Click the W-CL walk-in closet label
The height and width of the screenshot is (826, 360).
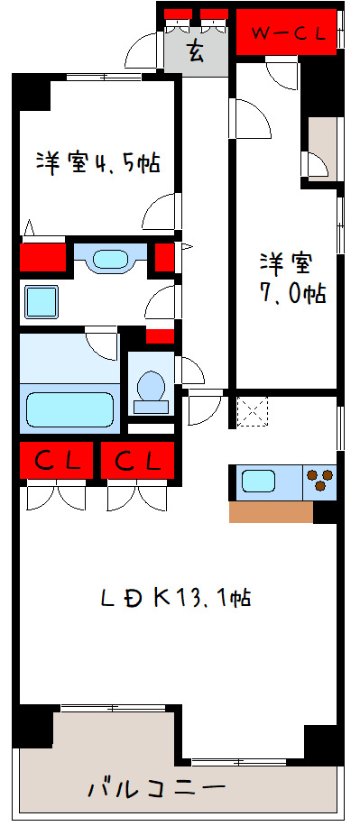click(287, 33)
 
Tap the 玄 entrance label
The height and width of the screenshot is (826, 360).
click(196, 51)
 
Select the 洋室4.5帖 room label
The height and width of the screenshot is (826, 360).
click(98, 163)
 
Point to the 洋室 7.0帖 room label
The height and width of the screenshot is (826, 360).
click(292, 278)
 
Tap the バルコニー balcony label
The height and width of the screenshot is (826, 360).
click(156, 789)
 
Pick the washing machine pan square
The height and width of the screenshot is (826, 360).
click(42, 302)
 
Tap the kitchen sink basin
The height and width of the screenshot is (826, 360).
click(258, 481)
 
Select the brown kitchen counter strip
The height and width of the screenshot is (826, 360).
click(271, 512)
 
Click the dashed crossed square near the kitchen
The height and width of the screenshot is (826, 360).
click(253, 411)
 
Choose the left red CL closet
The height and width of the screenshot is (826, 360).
click(57, 461)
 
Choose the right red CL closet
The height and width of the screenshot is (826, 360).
click(137, 461)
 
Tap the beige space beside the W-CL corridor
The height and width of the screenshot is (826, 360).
click(322, 148)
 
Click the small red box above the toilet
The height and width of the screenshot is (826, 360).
click(160, 335)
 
